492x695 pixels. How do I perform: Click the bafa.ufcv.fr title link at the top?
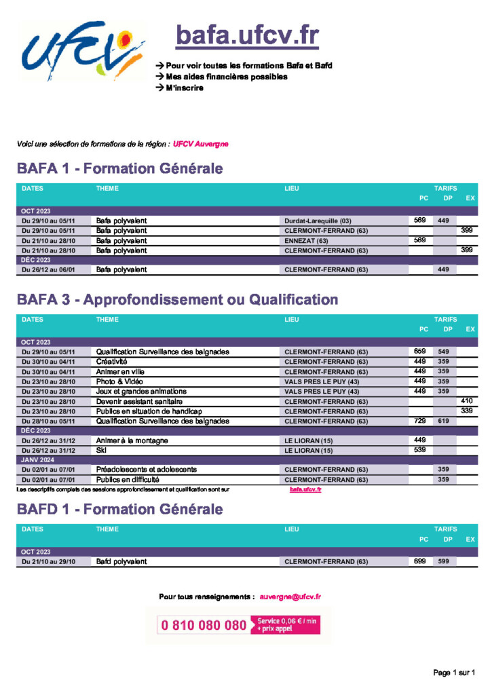pyautogui.click(x=247, y=35)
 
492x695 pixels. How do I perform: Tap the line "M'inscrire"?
pyautogui.click(x=185, y=88)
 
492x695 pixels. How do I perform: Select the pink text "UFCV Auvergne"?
pyautogui.click(x=201, y=144)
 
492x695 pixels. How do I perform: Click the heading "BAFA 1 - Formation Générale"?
pyautogui.click(x=119, y=168)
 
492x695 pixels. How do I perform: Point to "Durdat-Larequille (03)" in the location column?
pyautogui.click(x=318, y=221)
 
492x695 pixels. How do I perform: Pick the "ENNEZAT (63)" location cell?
pyautogui.click(x=306, y=241)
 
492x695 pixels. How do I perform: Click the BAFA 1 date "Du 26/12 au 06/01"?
pyautogui.click(x=48, y=269)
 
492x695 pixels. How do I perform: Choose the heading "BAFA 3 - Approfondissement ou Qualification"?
pyautogui.click(x=177, y=299)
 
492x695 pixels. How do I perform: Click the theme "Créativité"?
pyautogui.click(x=112, y=362)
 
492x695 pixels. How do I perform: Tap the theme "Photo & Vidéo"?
pyautogui.click(x=119, y=381)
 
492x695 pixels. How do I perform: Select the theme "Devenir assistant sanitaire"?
pyautogui.click(x=139, y=402)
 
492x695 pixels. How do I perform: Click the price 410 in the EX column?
pyautogui.click(x=467, y=400)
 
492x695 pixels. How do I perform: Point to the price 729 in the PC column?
pyautogui.click(x=420, y=421)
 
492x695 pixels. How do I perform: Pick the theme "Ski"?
pyautogui.click(x=101, y=451)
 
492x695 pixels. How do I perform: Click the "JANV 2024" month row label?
pyautogui.click(x=38, y=460)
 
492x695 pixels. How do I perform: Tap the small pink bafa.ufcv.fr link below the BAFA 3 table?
pyautogui.click(x=305, y=490)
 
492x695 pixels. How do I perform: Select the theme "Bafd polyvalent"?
pyautogui.click(x=121, y=561)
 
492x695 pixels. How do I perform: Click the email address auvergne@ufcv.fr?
pyautogui.click(x=290, y=597)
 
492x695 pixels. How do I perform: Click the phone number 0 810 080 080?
pyautogui.click(x=204, y=625)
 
